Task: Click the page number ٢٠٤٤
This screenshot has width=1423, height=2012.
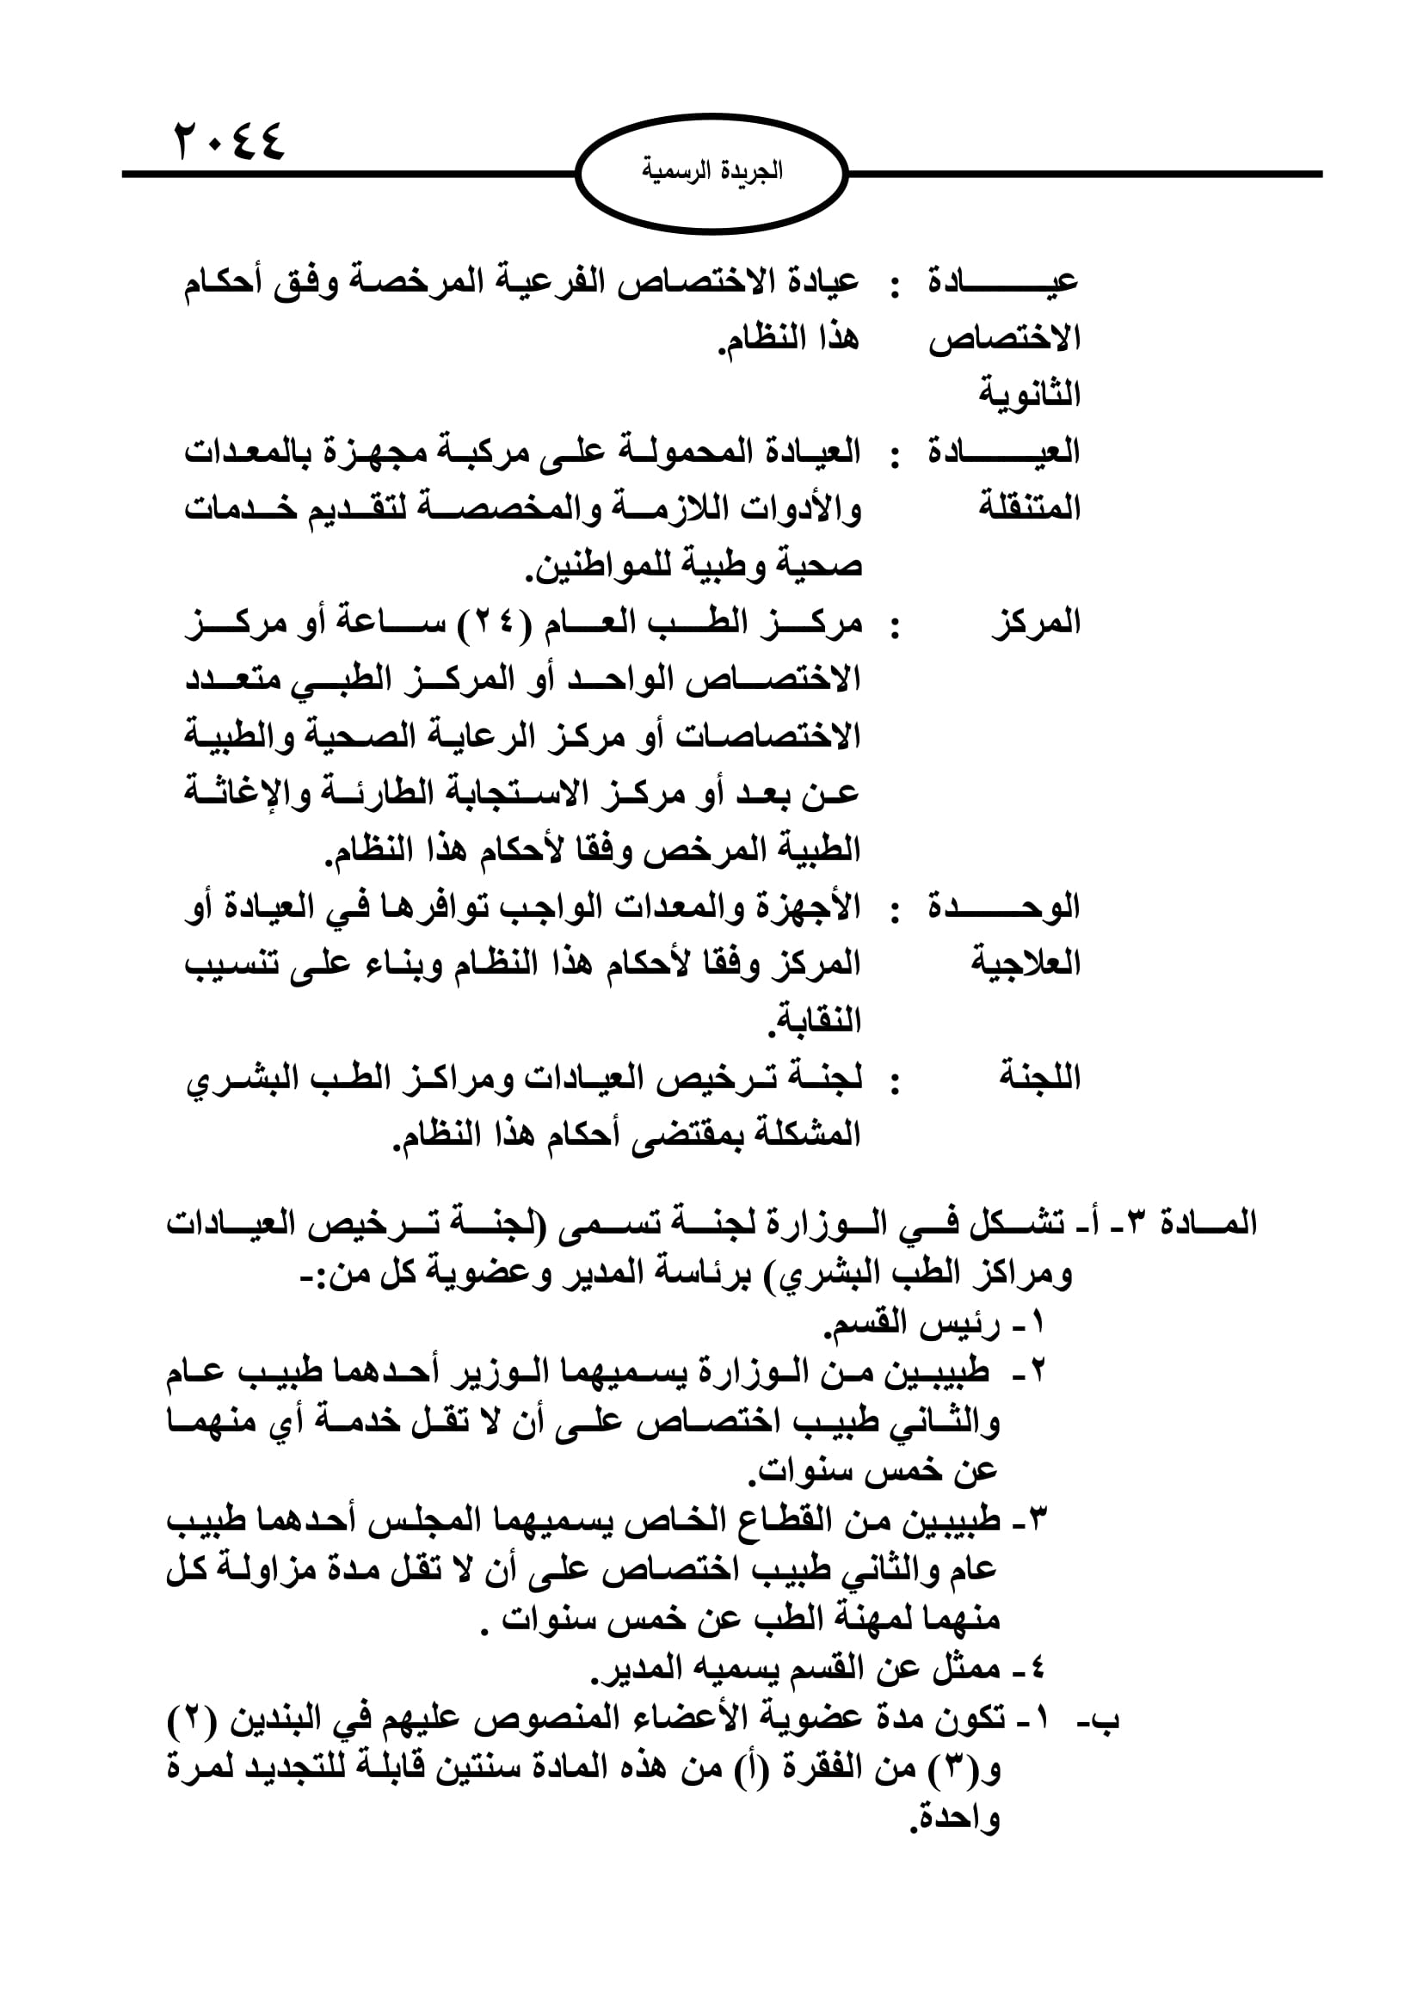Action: click(231, 140)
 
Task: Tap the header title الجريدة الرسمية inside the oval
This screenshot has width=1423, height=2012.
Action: click(711, 171)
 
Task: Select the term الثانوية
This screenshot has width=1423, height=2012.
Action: click(1030, 394)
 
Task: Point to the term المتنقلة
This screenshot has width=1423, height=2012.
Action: click(1030, 508)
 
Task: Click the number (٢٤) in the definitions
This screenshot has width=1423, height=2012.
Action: click(495, 623)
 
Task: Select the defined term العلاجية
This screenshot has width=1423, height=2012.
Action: click(1026, 964)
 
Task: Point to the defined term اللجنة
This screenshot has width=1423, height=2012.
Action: click(1039, 1078)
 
